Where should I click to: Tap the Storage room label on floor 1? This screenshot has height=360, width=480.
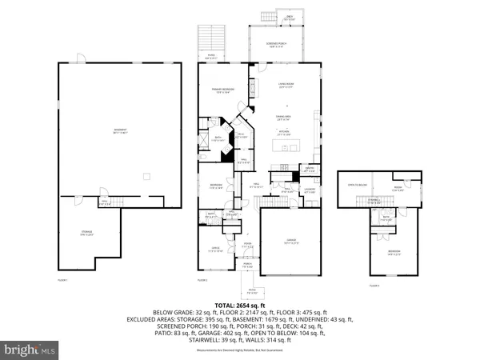[x=88, y=234]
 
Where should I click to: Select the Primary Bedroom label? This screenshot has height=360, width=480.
[x=222, y=90]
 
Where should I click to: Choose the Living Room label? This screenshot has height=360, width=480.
[x=286, y=86]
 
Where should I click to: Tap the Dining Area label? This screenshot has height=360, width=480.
[x=284, y=118]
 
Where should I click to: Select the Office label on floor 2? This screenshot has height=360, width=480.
[x=214, y=250]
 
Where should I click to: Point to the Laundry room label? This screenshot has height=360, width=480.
[x=310, y=190]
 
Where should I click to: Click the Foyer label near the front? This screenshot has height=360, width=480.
[x=248, y=245]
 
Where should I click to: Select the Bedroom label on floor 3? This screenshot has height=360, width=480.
[x=394, y=251]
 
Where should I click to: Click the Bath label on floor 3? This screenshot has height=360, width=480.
[x=386, y=217]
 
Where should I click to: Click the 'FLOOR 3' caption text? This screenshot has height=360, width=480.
[x=374, y=285]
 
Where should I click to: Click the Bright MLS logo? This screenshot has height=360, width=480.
[x=30, y=350]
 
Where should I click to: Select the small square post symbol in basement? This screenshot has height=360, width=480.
[x=145, y=175]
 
